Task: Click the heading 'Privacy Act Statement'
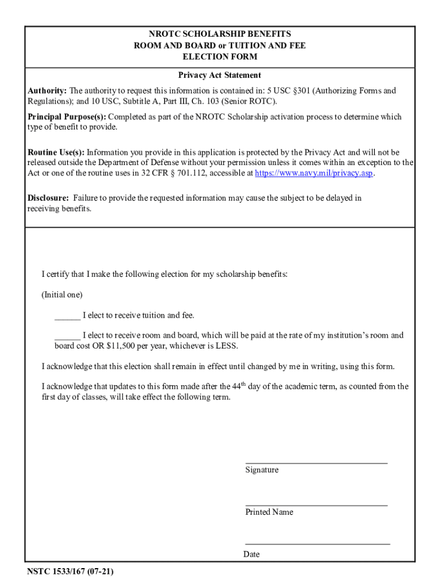(x=219, y=75)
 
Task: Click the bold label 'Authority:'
(x=48, y=91)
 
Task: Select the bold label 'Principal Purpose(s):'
(x=67, y=117)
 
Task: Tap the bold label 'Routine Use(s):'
(x=56, y=152)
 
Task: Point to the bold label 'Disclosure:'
(x=48, y=198)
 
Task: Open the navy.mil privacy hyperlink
(x=314, y=173)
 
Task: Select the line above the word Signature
(x=316, y=462)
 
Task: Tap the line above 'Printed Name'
(x=316, y=505)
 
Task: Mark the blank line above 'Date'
(x=317, y=543)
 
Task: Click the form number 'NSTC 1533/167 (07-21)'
(x=69, y=572)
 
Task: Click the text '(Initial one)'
(x=62, y=295)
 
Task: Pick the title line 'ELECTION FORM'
(x=220, y=57)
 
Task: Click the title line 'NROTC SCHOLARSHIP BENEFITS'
(x=220, y=34)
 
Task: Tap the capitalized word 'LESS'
(x=226, y=346)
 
